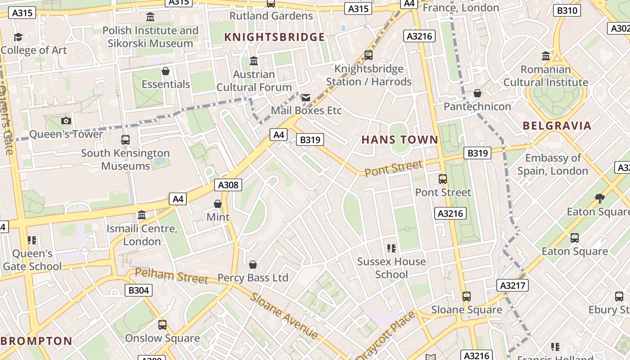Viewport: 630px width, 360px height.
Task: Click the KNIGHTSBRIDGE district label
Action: point(274,37)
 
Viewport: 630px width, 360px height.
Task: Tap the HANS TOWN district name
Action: point(400,140)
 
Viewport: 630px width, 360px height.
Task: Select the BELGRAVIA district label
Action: point(557,126)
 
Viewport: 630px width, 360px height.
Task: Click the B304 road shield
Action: point(139,290)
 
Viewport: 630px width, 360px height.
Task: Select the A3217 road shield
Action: point(513,285)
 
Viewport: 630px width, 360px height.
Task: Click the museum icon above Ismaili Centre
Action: point(142,215)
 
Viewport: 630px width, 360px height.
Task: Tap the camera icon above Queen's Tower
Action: point(66,121)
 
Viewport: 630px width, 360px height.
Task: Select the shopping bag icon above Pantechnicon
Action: point(477,93)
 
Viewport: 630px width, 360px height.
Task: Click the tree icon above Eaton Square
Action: point(599,198)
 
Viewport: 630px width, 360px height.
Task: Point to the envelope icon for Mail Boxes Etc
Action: point(306,98)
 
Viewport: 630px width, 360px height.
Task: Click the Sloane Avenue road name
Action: point(284,316)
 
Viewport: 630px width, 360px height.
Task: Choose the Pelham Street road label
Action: point(171,276)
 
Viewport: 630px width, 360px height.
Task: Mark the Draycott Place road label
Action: point(386,335)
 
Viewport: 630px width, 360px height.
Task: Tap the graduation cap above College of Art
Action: point(18,37)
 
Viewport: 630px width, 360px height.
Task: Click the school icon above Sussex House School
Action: point(391,248)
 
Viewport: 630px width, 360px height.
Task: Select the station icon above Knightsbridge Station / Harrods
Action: point(369,55)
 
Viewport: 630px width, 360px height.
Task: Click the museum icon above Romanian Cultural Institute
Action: point(546,56)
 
